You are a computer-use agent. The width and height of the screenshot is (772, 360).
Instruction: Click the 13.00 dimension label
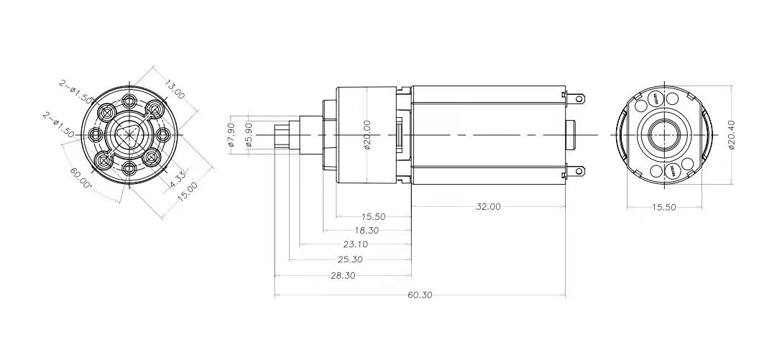[174, 90]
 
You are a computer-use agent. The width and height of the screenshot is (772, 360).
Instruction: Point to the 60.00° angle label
[81, 175]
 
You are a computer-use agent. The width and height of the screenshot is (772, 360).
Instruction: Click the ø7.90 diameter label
[231, 134]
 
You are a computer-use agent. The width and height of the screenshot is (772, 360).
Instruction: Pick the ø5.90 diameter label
[249, 134]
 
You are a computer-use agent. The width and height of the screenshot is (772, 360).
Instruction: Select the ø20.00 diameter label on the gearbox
[367, 135]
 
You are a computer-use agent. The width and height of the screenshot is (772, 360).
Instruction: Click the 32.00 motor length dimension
[488, 206]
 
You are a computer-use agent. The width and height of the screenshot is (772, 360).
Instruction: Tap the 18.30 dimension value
[367, 231]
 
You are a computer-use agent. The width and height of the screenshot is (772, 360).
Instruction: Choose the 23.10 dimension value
[356, 245]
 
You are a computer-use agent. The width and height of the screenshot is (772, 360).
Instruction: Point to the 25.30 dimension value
[349, 259]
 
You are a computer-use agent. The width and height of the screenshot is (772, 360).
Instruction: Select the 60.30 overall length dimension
[420, 295]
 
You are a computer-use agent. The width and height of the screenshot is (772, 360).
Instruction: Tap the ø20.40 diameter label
[732, 135]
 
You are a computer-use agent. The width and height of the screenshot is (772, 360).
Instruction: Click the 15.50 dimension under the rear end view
[663, 207]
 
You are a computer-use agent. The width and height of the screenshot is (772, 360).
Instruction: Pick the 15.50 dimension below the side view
[374, 216]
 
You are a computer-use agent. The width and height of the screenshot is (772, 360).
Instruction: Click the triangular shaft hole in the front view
[128, 134]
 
